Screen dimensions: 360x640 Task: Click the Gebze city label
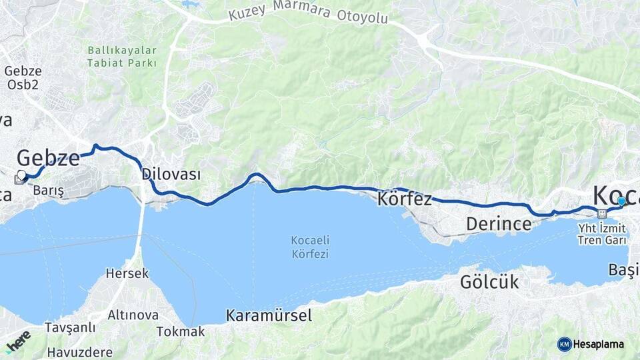pyautogui.click(x=47, y=159)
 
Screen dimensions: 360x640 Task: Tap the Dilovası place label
pyautogui.click(x=171, y=175)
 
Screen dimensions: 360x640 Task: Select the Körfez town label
pyautogui.click(x=404, y=199)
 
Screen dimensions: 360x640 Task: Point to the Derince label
pyautogui.click(x=499, y=224)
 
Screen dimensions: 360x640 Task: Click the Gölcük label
pyautogui.click(x=489, y=282)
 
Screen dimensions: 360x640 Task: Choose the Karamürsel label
pyautogui.click(x=269, y=315)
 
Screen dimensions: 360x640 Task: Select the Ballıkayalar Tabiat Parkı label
pyautogui.click(x=121, y=57)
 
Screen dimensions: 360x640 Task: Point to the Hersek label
pyautogui.click(x=127, y=273)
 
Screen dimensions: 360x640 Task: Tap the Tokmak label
pyautogui.click(x=181, y=331)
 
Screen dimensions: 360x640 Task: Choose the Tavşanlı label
pyautogui.click(x=70, y=328)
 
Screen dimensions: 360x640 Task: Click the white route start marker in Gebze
pyautogui.click(x=21, y=175)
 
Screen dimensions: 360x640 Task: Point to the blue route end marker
pyautogui.click(x=621, y=201)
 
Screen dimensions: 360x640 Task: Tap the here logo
pyautogui.click(x=18, y=341)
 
